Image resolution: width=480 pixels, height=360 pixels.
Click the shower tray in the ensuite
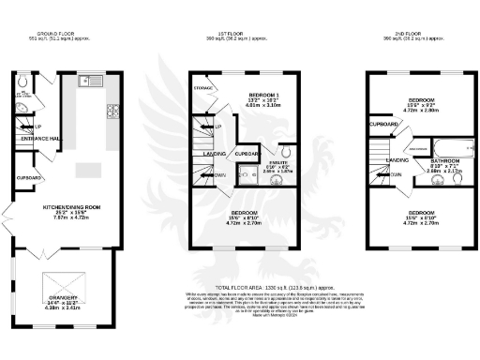[247, 172]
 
